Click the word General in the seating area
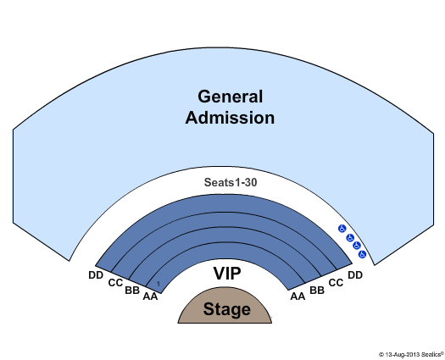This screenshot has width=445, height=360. coord(231,97)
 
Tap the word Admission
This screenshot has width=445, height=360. coord(230,118)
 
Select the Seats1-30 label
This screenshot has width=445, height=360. coord(231,182)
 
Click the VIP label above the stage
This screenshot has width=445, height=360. coord(227,274)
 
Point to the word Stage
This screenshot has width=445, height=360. coord(227,309)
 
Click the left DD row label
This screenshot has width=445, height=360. coord(96,275)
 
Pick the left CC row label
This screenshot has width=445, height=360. coord(115,283)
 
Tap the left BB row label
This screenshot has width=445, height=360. coord(132,291)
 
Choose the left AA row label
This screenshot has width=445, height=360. coord(150,296)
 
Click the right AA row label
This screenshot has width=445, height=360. coord(298,296)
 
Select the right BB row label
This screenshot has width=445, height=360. coord(317,291)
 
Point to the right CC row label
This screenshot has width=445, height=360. coord(336,283)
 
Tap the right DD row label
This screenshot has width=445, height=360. coord(355,275)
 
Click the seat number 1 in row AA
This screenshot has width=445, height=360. coord(159,284)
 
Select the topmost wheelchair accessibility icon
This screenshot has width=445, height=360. coord(342,229)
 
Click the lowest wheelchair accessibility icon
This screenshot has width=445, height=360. coord(363,254)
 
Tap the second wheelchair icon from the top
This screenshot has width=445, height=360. coord(350,238)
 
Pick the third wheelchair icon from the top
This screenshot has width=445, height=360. coord(357,246)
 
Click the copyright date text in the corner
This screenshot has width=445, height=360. coord(410,354)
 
